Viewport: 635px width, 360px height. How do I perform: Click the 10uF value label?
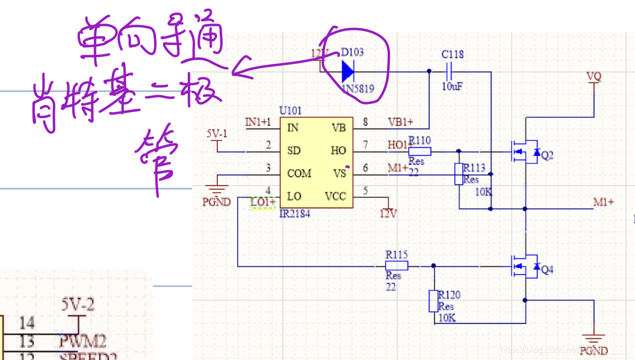click(452, 86)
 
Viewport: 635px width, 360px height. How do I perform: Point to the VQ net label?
click(594, 77)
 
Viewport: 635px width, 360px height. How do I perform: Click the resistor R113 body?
click(459, 174)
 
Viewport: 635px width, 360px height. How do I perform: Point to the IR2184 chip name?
click(295, 213)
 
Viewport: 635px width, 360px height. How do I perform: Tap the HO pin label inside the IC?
click(338, 151)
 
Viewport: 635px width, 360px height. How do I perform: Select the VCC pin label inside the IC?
click(335, 196)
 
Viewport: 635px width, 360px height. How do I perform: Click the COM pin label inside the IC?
click(299, 173)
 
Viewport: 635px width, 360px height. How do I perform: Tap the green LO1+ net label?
click(263, 202)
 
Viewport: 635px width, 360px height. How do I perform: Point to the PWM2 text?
click(83, 342)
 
